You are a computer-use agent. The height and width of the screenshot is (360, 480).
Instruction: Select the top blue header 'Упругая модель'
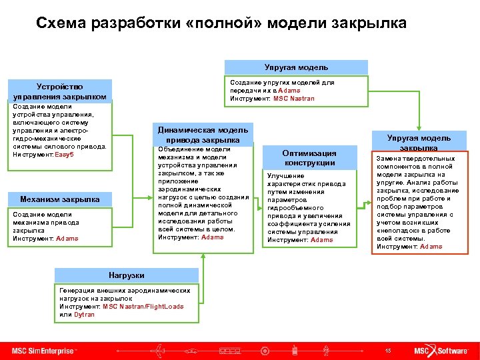point(295,67)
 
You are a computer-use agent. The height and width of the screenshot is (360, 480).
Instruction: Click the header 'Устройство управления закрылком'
point(60,91)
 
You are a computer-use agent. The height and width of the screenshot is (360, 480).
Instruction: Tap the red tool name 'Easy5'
point(64,154)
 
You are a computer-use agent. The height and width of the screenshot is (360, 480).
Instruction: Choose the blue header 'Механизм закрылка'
point(60,199)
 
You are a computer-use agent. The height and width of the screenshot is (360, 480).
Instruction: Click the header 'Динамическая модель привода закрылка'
point(203,135)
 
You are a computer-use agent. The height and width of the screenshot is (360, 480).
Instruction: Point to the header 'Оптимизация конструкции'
point(309,157)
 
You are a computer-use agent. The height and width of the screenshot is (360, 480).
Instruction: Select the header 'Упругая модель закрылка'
point(419,142)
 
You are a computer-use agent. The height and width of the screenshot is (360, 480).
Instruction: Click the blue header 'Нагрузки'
point(126,275)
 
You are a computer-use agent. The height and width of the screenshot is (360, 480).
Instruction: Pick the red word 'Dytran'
point(84,315)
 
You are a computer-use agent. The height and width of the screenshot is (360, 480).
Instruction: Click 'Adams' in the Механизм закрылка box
point(67,238)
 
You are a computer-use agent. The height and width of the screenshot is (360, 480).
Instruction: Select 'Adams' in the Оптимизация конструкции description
point(321,240)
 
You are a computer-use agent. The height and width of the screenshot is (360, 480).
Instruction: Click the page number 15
point(387,351)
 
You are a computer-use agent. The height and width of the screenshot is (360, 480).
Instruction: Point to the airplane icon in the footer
point(159,350)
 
